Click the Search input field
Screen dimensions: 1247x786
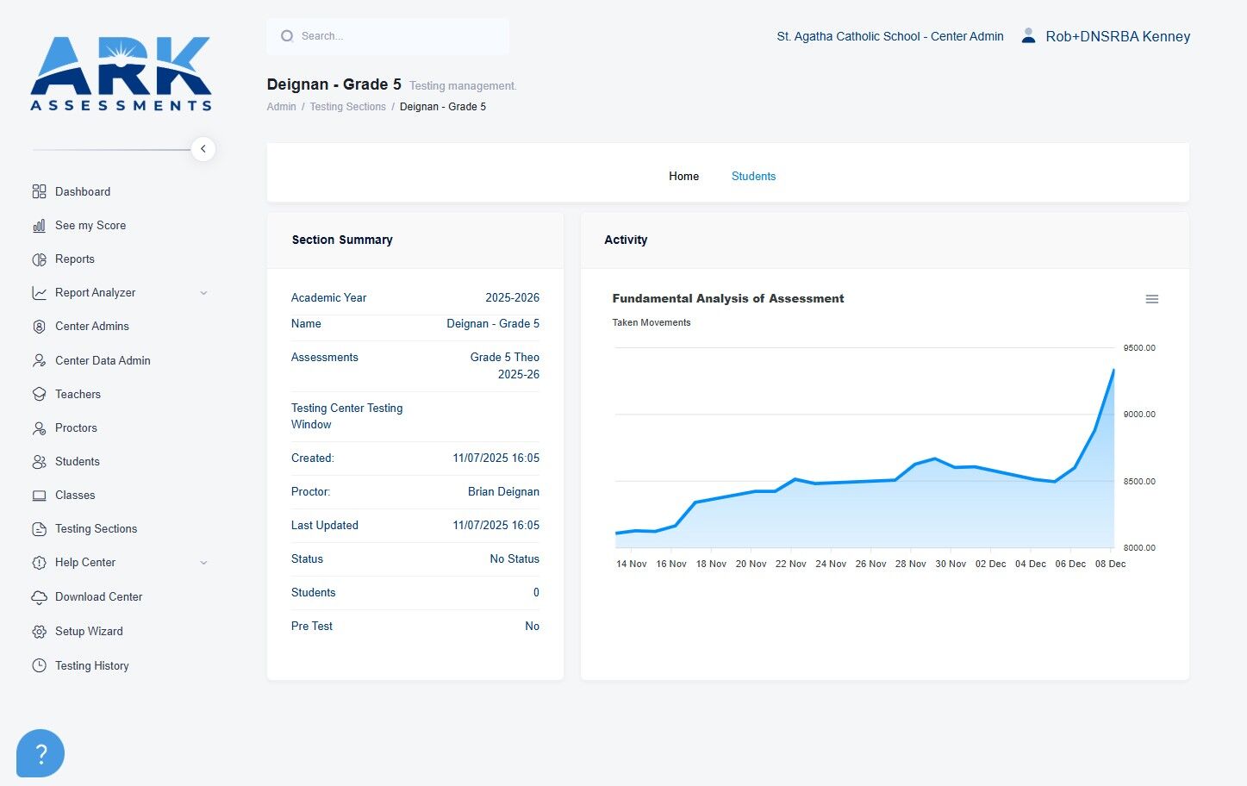click(x=388, y=36)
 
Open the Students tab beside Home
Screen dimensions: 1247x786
click(x=753, y=176)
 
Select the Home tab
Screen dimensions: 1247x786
click(x=683, y=176)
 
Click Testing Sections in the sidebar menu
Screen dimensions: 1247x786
click(x=96, y=529)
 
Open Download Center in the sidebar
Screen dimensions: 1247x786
click(x=98, y=596)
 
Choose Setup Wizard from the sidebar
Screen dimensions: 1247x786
click(x=89, y=631)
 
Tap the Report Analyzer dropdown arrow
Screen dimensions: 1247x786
click(x=203, y=293)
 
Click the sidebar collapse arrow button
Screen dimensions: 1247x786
click(x=203, y=149)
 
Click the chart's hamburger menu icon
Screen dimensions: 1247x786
click(x=1152, y=299)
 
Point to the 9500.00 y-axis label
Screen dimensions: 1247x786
click(x=1139, y=348)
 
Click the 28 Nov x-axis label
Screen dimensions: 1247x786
click(x=910, y=564)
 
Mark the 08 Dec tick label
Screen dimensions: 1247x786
click(x=1110, y=564)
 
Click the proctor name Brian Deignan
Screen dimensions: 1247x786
click(x=503, y=491)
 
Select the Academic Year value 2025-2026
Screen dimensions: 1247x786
click(x=512, y=298)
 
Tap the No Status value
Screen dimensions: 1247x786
click(x=514, y=558)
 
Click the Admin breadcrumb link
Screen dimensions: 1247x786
click(x=281, y=107)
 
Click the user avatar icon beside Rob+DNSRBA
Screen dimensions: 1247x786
click(x=1028, y=36)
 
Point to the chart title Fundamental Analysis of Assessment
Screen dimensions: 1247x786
click(x=727, y=298)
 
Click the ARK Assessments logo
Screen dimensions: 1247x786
click(x=121, y=73)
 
